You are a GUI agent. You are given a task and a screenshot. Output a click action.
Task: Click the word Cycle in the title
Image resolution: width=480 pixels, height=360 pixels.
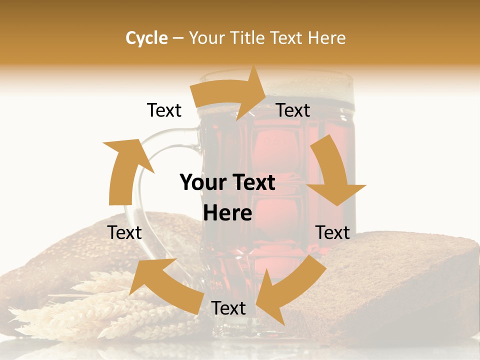click(x=146, y=38)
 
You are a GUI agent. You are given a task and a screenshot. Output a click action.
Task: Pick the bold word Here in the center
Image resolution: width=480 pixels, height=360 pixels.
click(x=227, y=213)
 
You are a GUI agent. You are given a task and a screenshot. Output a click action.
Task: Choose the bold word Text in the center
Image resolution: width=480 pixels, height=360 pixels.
click(x=253, y=182)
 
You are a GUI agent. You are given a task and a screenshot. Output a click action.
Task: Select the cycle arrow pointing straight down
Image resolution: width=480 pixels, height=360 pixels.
click(x=332, y=172)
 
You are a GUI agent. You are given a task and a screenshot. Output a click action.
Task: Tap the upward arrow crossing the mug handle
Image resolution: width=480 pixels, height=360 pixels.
click(x=125, y=170)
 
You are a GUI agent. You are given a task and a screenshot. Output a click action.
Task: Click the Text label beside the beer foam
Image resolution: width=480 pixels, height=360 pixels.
click(x=293, y=110)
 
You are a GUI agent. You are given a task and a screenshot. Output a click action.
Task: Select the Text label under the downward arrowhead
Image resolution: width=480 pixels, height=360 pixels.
click(x=332, y=232)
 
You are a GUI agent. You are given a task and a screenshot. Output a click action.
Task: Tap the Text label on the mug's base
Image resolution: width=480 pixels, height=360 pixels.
click(x=228, y=308)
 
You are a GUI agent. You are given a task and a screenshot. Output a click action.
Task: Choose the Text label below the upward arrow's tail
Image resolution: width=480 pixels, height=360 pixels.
click(x=124, y=232)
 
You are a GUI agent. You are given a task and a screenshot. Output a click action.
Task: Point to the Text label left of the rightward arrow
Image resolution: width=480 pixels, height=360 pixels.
click(x=164, y=110)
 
